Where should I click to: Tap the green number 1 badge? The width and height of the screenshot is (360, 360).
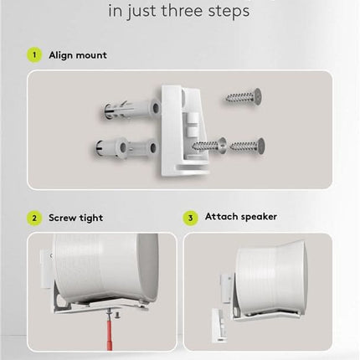(x=34, y=55)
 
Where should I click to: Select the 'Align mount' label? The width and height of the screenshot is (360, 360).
(x=78, y=55)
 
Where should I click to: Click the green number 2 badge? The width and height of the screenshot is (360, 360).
(x=34, y=218)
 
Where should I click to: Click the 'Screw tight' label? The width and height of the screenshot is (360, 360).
(x=76, y=218)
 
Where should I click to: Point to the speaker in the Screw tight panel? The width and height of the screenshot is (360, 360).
(x=105, y=272)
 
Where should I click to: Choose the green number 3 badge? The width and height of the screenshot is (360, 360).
(x=191, y=218)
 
